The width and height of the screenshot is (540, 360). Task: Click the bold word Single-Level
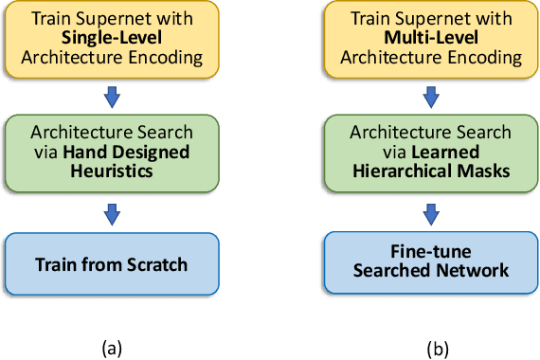(x=112, y=39)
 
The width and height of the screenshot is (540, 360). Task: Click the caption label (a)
(x=112, y=348)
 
